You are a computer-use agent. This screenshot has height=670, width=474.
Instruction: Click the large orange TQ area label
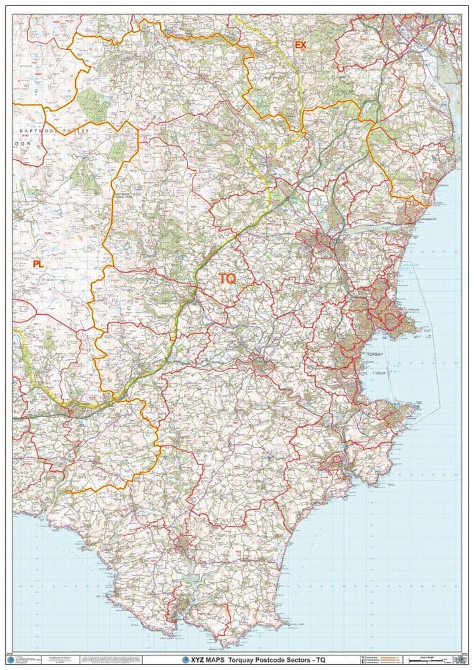228,278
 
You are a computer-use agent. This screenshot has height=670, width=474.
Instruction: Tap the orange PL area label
38,264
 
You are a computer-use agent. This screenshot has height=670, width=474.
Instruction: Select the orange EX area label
300,45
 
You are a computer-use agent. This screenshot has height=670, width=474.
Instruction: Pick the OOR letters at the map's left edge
23,143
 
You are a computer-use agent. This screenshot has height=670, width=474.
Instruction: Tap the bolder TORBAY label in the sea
373,352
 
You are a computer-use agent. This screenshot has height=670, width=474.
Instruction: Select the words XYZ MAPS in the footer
204,659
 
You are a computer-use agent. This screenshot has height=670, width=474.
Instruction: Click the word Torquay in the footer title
244,659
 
